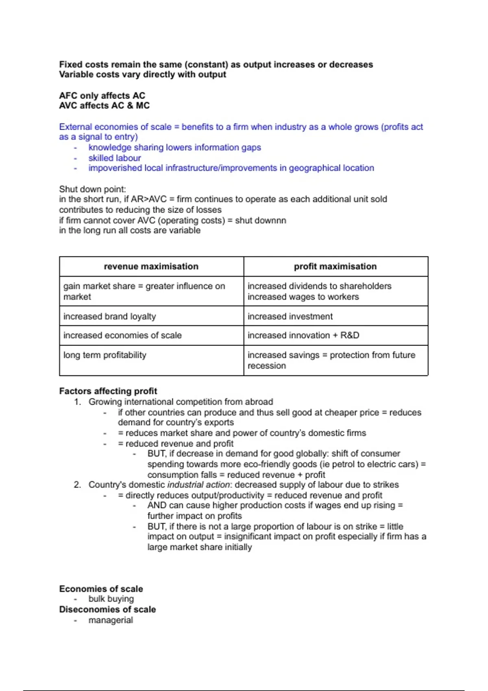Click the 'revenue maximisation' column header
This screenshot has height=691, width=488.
click(151, 267)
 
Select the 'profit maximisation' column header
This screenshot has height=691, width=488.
click(335, 267)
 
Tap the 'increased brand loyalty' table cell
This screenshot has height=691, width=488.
click(109, 316)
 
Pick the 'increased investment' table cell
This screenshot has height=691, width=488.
click(290, 316)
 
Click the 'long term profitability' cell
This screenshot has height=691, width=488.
click(105, 355)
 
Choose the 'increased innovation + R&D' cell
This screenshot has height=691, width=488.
click(303, 335)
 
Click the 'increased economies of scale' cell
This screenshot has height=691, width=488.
click(122, 335)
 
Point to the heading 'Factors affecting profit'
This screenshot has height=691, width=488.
click(108, 391)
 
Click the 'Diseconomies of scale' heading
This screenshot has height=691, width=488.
click(107, 609)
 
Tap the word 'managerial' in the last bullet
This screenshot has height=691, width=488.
click(111, 620)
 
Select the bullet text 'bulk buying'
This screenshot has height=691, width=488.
click(111, 599)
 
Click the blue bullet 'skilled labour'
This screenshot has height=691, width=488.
click(115, 158)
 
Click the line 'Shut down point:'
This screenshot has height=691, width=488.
click(92, 189)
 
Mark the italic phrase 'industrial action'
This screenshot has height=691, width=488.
click(198, 485)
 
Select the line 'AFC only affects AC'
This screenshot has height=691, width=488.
click(102, 96)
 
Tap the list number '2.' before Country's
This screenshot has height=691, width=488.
click(77, 485)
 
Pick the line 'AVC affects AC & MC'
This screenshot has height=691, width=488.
click(104, 106)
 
